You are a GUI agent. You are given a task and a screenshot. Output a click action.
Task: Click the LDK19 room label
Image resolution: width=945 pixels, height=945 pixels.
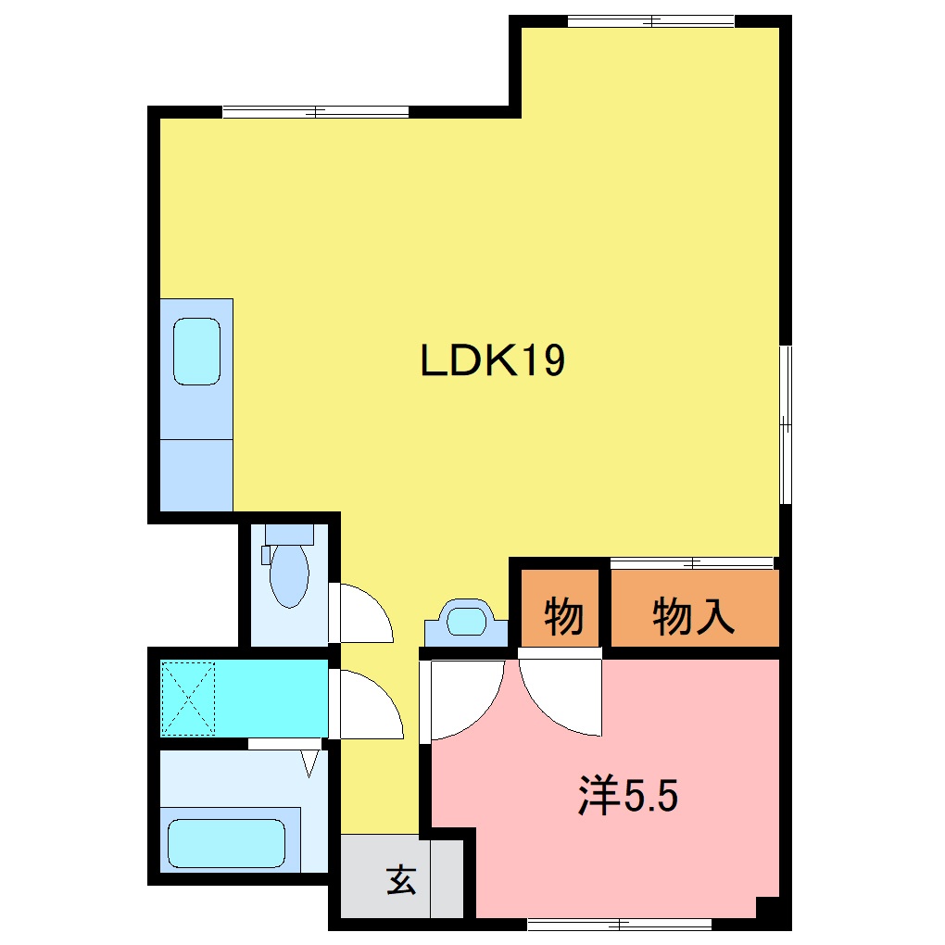point(492,360)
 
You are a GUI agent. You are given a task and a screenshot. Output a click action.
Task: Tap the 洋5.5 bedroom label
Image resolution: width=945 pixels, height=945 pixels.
point(629,796)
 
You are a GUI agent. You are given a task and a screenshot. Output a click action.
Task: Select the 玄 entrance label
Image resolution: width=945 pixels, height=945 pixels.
point(401,879)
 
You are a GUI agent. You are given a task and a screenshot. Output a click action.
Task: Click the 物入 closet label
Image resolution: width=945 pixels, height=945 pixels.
point(694,616)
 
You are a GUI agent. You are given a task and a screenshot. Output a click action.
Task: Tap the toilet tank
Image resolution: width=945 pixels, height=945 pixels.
point(289,534)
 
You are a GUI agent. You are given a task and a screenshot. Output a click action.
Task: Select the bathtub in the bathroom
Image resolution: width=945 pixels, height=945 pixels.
point(226,842)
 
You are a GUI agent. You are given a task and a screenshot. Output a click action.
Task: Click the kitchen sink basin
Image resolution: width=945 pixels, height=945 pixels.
point(196,351)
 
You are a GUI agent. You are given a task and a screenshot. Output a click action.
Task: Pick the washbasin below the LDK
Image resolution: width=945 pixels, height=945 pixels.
point(466,620)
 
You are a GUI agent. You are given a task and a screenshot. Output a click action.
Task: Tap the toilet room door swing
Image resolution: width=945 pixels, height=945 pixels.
point(363,613)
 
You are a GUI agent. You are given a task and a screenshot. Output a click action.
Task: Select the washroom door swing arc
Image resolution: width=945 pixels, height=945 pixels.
point(368,705)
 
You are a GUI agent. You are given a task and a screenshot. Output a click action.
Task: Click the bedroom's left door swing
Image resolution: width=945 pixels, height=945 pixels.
point(463,699)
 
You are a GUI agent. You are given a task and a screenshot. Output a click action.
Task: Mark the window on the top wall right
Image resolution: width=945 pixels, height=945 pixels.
point(650,20)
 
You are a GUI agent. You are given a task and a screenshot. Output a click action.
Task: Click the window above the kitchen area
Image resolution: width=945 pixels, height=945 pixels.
point(315,112)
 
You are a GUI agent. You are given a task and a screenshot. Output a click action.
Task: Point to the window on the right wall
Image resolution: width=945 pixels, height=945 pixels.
point(786,424)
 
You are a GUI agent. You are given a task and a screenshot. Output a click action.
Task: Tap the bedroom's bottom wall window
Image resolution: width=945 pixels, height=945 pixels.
point(619,924)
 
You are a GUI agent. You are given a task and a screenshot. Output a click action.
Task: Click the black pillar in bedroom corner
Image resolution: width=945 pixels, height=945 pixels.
point(768,909)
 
